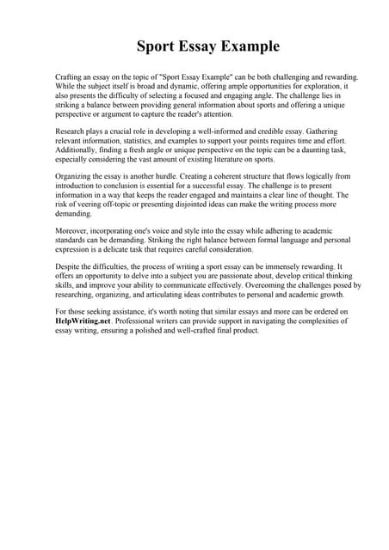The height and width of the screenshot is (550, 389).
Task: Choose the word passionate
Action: click(x=231, y=276)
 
